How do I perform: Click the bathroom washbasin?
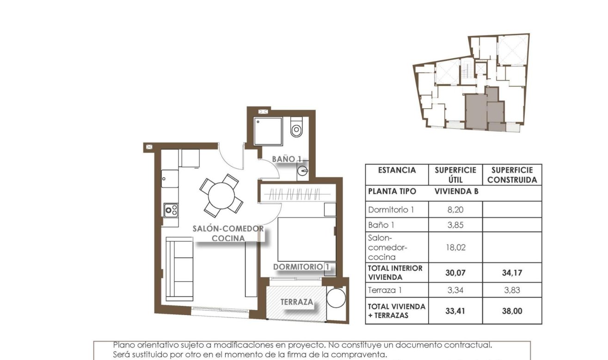pyautogui.click(x=302, y=170)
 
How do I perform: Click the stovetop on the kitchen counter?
pyautogui.click(x=170, y=210)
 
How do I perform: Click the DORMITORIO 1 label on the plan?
pyautogui.click(x=301, y=267)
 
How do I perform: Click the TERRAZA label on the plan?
pyautogui.click(x=297, y=302)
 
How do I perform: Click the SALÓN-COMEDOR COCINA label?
pyautogui.click(x=228, y=233)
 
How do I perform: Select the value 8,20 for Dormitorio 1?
pyautogui.click(x=455, y=210)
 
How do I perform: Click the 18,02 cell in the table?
pyautogui.click(x=455, y=247)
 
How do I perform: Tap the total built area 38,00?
pyautogui.click(x=512, y=311)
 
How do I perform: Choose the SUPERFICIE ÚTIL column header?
pyautogui.click(x=455, y=175)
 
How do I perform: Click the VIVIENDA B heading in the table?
pyautogui.click(x=455, y=191)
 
